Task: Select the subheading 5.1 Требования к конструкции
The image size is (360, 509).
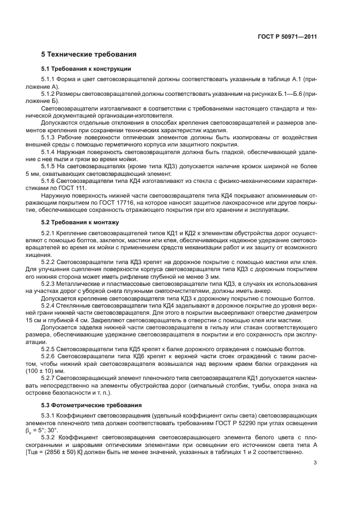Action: click(86, 69)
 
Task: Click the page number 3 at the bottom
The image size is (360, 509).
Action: click(315, 479)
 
